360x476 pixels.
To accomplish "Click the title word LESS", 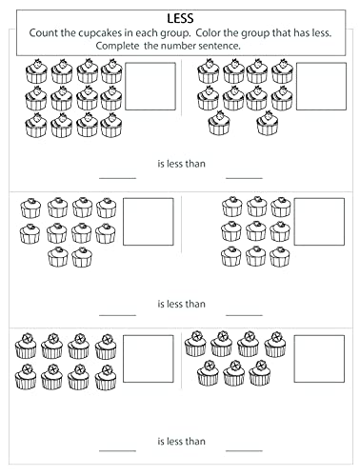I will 180,16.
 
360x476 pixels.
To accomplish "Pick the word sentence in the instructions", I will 220,45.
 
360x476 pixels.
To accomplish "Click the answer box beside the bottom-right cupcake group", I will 319,358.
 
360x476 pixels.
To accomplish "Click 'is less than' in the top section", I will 180,163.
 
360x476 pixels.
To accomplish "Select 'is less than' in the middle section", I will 180,304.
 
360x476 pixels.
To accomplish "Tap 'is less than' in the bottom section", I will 180,442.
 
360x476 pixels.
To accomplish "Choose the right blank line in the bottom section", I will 244,453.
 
